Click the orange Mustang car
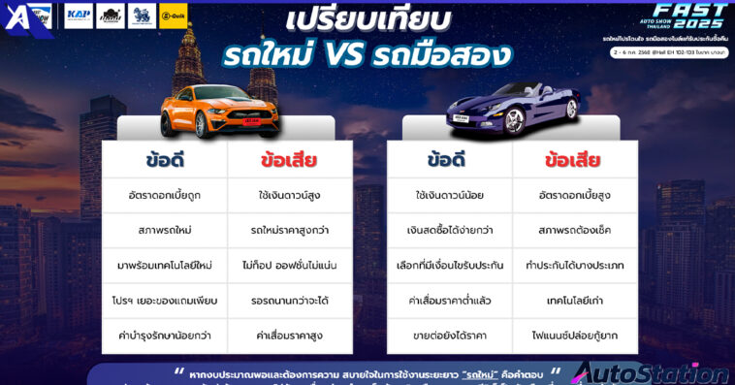[x=220, y=109]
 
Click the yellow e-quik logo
[x=173, y=16]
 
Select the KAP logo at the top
[x=79, y=16]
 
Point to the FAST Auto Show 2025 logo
[x=688, y=16]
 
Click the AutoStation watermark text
[x=650, y=372]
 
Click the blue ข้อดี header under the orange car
[x=164, y=160]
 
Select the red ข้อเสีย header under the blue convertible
[x=573, y=160]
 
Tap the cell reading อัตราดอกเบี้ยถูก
[x=164, y=195]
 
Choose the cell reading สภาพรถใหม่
[x=164, y=230]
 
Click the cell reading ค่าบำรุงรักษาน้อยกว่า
[x=164, y=336]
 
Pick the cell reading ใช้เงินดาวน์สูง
[x=290, y=195]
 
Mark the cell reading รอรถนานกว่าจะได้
[x=290, y=301]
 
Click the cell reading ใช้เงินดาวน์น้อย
[x=449, y=195]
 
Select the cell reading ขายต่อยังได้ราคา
[x=449, y=336]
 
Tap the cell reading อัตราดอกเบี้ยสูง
[x=574, y=195]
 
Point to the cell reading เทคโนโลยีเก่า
[x=574, y=301]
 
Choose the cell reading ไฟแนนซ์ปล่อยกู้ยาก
[x=574, y=336]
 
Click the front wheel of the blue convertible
[x=514, y=122]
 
